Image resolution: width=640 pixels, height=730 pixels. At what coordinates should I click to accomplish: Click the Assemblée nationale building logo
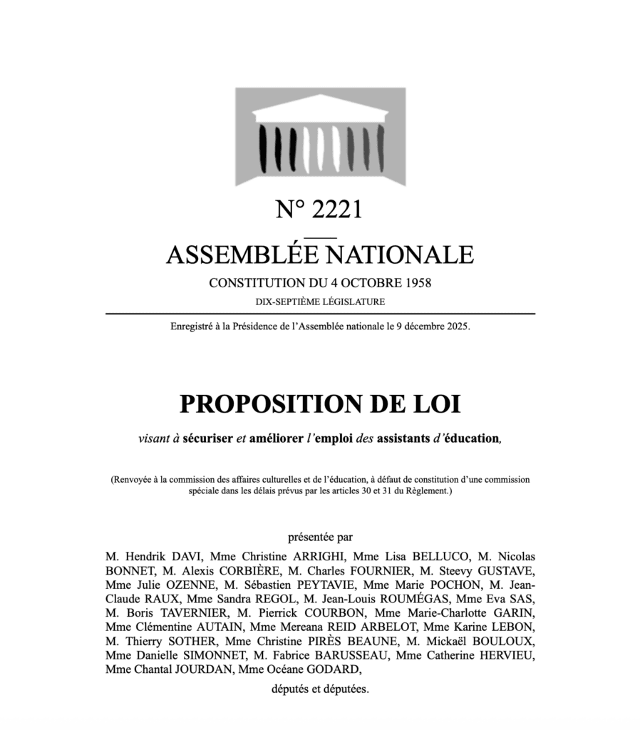pos(320,136)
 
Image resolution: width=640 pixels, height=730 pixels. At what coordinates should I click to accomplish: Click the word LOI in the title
pos(437,404)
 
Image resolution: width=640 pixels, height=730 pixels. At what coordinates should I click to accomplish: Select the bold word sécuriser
pos(207,438)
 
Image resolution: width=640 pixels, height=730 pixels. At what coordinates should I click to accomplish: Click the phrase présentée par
pos(320,537)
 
